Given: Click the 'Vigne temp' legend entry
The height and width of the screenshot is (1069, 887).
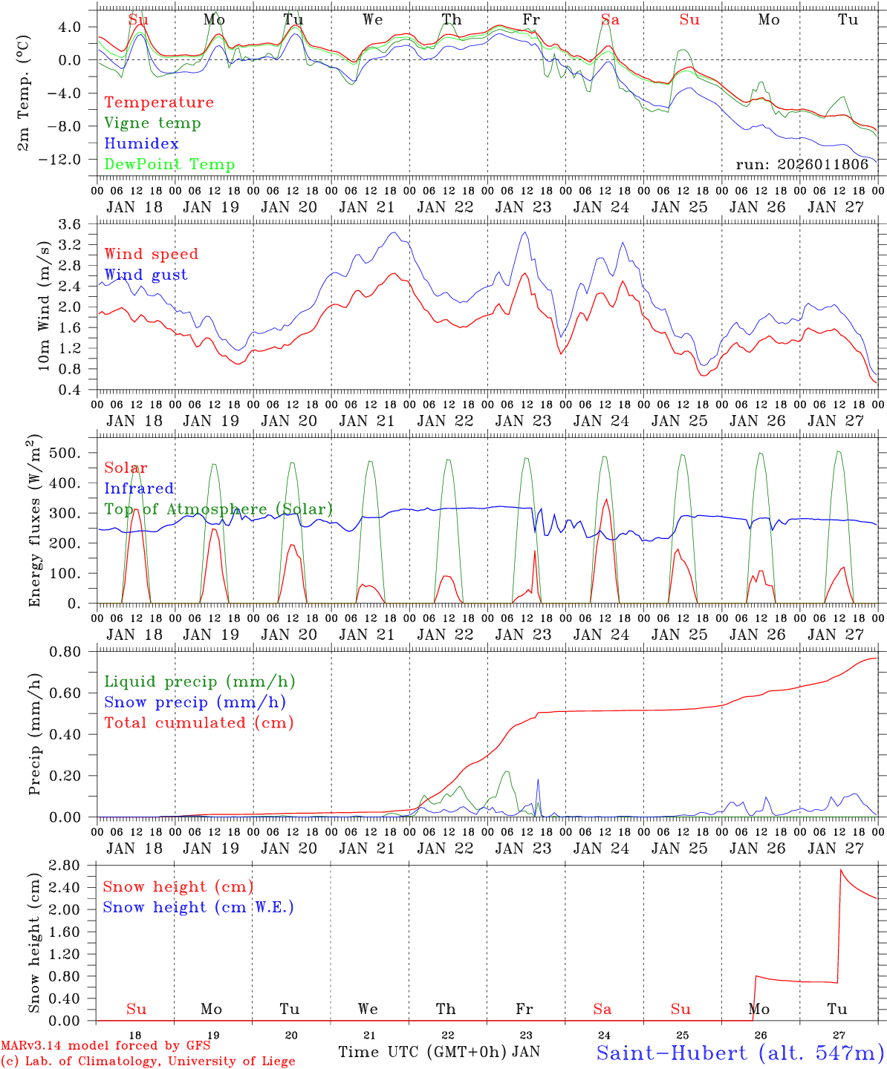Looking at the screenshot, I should point(152,123).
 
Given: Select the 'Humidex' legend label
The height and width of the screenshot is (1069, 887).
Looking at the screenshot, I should point(141,144).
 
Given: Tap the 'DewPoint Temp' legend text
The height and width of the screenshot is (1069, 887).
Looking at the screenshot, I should point(169,165).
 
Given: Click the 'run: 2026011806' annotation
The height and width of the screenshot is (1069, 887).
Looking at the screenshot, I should point(802,165).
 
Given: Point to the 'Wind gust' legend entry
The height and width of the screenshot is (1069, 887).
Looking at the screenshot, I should point(146,275).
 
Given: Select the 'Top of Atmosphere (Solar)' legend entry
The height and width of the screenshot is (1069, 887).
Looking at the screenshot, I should point(218,509).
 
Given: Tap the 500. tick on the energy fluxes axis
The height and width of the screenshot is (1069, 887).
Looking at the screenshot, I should point(74,453).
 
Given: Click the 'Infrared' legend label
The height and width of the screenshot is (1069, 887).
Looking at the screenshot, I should point(139,488).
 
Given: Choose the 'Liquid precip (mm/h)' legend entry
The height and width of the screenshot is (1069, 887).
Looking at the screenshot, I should point(199,681).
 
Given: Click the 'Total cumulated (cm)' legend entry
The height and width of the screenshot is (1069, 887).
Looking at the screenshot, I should point(199,722).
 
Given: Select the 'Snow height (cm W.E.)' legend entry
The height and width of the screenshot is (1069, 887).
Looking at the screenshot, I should point(198,907).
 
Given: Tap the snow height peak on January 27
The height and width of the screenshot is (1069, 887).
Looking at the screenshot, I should point(841,870).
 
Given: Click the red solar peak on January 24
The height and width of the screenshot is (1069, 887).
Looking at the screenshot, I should point(607,500).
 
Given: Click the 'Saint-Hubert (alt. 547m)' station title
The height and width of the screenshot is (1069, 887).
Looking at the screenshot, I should point(740,1053).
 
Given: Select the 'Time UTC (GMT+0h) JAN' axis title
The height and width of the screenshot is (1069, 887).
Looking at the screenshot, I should point(439,1052).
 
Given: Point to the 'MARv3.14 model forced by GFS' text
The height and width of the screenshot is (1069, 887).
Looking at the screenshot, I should point(105,1046).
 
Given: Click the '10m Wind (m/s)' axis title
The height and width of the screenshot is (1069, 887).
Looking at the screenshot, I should point(45,305).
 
